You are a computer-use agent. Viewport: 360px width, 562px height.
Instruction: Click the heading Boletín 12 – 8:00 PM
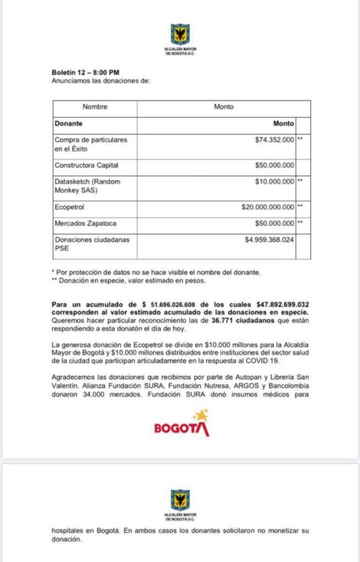[x=85, y=72]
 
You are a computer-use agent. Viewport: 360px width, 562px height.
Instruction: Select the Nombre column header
[x=95, y=107]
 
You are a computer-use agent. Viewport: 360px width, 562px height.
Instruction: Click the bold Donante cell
[x=68, y=123]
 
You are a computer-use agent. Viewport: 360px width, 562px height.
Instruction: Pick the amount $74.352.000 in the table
[x=275, y=140]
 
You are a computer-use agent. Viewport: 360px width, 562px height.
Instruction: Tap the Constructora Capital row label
[x=86, y=165]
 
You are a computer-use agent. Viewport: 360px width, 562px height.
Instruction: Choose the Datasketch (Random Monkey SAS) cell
[x=87, y=185]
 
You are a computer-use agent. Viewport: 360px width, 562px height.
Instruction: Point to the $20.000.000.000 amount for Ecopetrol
[x=268, y=207]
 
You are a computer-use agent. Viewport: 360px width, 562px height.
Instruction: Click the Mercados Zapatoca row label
[x=85, y=223]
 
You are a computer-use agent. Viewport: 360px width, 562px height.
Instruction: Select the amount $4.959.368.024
[x=269, y=240]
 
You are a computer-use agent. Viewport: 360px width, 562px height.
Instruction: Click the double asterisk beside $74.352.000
[x=300, y=140]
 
